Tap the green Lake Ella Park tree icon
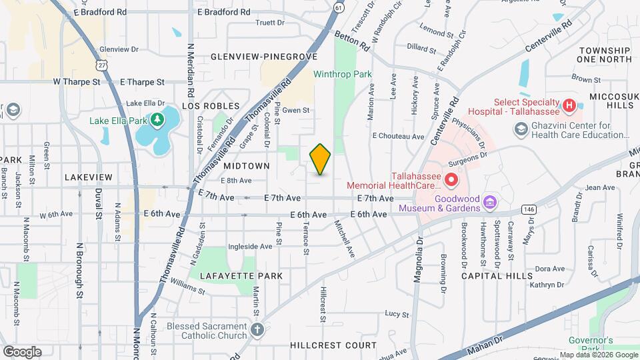[x=158, y=120]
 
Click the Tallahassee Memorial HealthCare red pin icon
[x=451, y=179]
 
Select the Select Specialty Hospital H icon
[x=569, y=105]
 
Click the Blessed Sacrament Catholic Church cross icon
[x=257, y=329]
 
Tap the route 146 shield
[x=529, y=209]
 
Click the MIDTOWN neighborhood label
[x=247, y=165]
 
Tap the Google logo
[x=22, y=351]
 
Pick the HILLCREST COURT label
[x=333, y=345]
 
